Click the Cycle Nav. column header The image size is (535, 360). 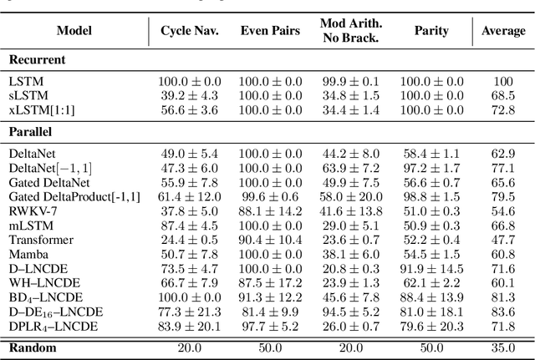click(x=189, y=31)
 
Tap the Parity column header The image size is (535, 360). click(x=431, y=31)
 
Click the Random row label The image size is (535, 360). click(x=32, y=347)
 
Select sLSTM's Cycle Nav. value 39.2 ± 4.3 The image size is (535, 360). click(x=189, y=96)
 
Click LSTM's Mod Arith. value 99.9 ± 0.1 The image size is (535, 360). click(x=350, y=82)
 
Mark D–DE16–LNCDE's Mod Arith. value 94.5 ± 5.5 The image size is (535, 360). click(x=350, y=312)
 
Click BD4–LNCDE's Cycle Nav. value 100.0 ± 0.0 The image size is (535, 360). click(x=189, y=297)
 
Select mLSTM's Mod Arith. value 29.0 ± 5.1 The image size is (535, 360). click(x=350, y=226)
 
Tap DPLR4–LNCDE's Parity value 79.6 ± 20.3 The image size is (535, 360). click(x=431, y=326)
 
